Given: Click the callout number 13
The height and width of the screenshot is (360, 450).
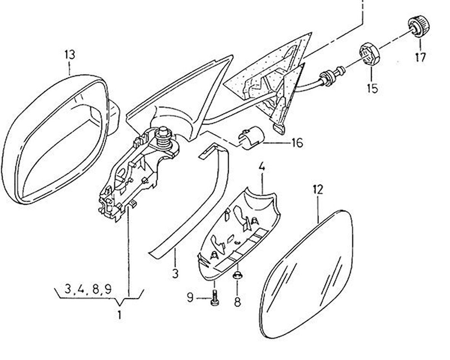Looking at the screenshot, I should (x=70, y=55).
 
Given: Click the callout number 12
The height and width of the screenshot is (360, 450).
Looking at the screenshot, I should (x=318, y=190).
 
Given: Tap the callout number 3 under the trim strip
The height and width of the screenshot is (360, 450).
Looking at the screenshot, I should (x=175, y=273).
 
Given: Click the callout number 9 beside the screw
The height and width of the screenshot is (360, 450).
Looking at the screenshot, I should (x=190, y=297).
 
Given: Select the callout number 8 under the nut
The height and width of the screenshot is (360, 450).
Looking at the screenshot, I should (x=237, y=302).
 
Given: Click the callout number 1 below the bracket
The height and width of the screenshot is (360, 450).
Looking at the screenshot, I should (x=120, y=315).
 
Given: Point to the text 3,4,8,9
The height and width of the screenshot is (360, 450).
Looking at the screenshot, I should (x=87, y=289).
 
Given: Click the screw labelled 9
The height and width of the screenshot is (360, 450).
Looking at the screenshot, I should (x=214, y=298).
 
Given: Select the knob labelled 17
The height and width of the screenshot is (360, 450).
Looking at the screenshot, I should (x=418, y=26).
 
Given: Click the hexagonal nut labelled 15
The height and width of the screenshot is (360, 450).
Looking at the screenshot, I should (x=369, y=55).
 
